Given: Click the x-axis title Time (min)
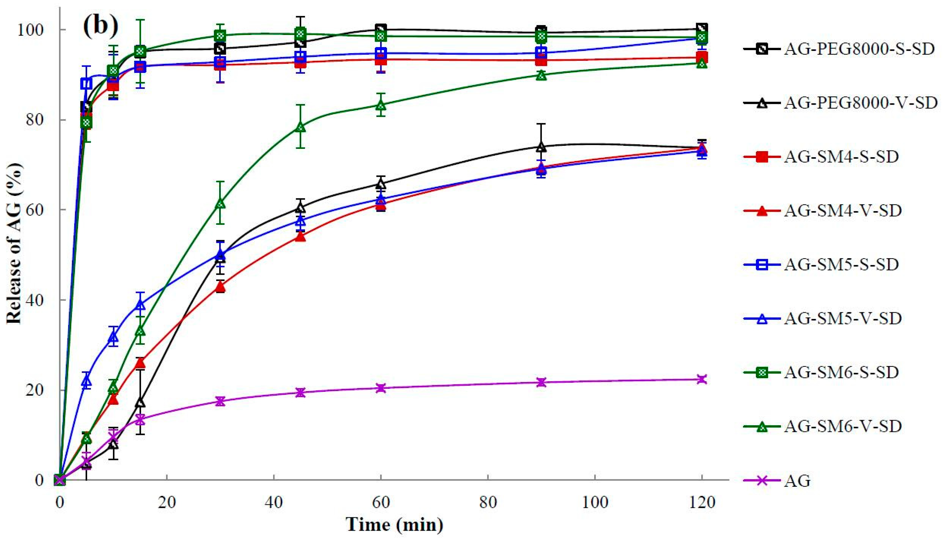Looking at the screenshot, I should point(394,525).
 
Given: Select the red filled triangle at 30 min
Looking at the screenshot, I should point(220,287).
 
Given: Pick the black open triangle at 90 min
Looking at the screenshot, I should point(541,147).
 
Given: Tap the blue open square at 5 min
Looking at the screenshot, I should point(86,83).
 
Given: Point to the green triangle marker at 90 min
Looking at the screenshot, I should point(541,75).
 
